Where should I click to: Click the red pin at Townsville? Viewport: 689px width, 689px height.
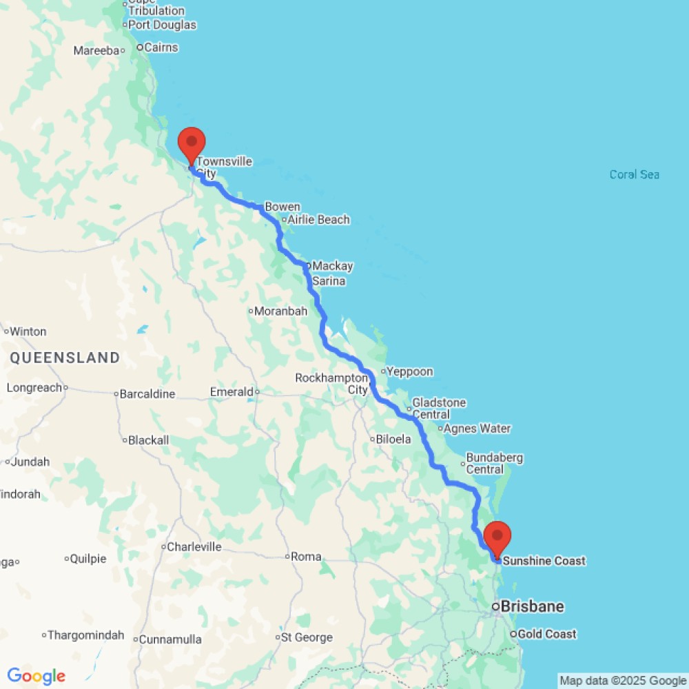click(191, 143)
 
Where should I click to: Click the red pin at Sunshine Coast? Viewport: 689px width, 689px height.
click(497, 537)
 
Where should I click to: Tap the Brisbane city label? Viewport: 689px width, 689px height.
click(532, 607)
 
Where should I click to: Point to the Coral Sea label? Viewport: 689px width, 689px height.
click(634, 175)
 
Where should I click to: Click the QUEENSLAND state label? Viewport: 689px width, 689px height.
click(65, 358)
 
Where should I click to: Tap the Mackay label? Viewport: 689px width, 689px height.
click(332, 266)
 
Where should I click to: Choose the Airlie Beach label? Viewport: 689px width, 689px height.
click(318, 220)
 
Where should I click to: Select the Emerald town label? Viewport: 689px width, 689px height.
click(232, 392)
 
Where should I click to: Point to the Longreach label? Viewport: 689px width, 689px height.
click(34, 388)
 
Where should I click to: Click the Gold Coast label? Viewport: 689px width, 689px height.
click(547, 634)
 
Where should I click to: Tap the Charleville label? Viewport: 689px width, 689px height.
click(194, 547)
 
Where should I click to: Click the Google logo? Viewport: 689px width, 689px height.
click(36, 676)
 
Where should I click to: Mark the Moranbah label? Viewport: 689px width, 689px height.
click(280, 311)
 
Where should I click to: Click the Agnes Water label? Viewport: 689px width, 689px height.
click(477, 429)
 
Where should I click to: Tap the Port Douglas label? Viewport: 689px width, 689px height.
click(163, 25)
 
